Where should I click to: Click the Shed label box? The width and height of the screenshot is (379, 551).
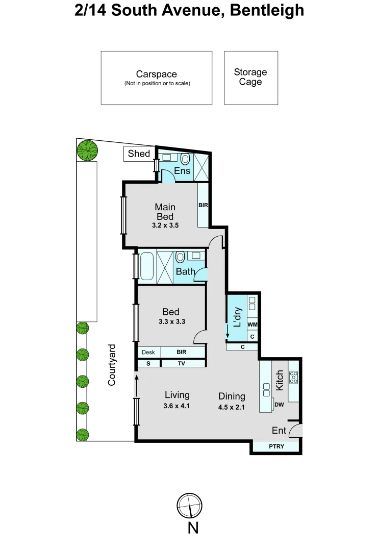click(139, 154)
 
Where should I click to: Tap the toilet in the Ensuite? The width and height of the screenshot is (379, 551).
click(185, 158)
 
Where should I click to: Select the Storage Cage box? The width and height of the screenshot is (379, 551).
click(251, 78)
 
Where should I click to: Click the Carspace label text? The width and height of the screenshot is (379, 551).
click(156, 74)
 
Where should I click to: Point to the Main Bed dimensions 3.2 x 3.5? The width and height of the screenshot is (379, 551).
click(165, 224)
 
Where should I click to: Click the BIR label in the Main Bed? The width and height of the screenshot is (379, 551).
click(203, 205)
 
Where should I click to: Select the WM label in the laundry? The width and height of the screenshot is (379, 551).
click(252, 324)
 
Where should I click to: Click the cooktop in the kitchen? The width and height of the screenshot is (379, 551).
click(294, 378)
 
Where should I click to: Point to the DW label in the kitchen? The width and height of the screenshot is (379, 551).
click(279, 405)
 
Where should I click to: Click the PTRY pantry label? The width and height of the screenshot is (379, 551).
click(276, 447)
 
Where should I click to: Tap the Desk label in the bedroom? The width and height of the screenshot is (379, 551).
click(148, 352)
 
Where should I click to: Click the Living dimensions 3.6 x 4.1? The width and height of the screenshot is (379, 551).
click(177, 407)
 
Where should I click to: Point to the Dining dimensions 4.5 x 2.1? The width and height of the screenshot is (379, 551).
click(232, 408)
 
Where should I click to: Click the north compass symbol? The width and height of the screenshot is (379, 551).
click(190, 506)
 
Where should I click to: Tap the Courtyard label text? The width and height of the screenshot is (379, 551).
click(112, 365)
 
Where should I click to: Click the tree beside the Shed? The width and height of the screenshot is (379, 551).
click(87, 150)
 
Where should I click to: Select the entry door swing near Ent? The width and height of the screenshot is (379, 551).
click(296, 432)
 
